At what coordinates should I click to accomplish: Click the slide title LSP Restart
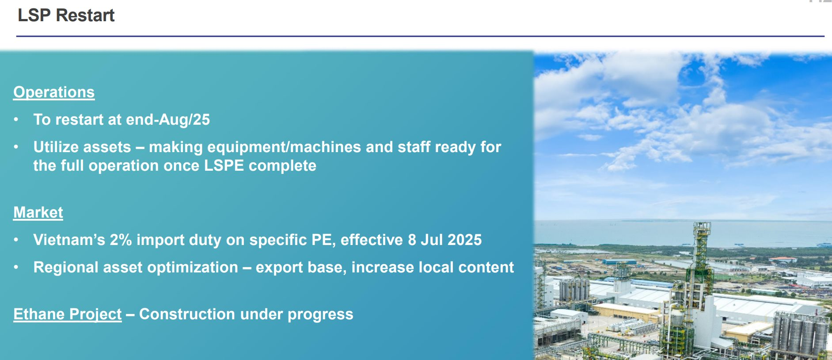click(66, 15)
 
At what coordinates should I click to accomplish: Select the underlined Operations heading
click(54, 92)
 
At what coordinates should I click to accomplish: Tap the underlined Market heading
click(38, 212)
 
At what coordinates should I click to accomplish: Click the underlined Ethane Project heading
click(68, 314)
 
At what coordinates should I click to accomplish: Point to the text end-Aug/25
click(168, 119)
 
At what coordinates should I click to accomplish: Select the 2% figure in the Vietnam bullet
click(121, 240)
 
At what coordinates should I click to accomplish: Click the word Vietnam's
click(69, 240)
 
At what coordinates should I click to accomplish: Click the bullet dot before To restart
click(16, 119)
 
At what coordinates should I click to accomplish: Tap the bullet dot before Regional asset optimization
click(16, 267)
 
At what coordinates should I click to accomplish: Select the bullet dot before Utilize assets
click(16, 147)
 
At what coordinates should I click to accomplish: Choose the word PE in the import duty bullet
click(323, 240)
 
